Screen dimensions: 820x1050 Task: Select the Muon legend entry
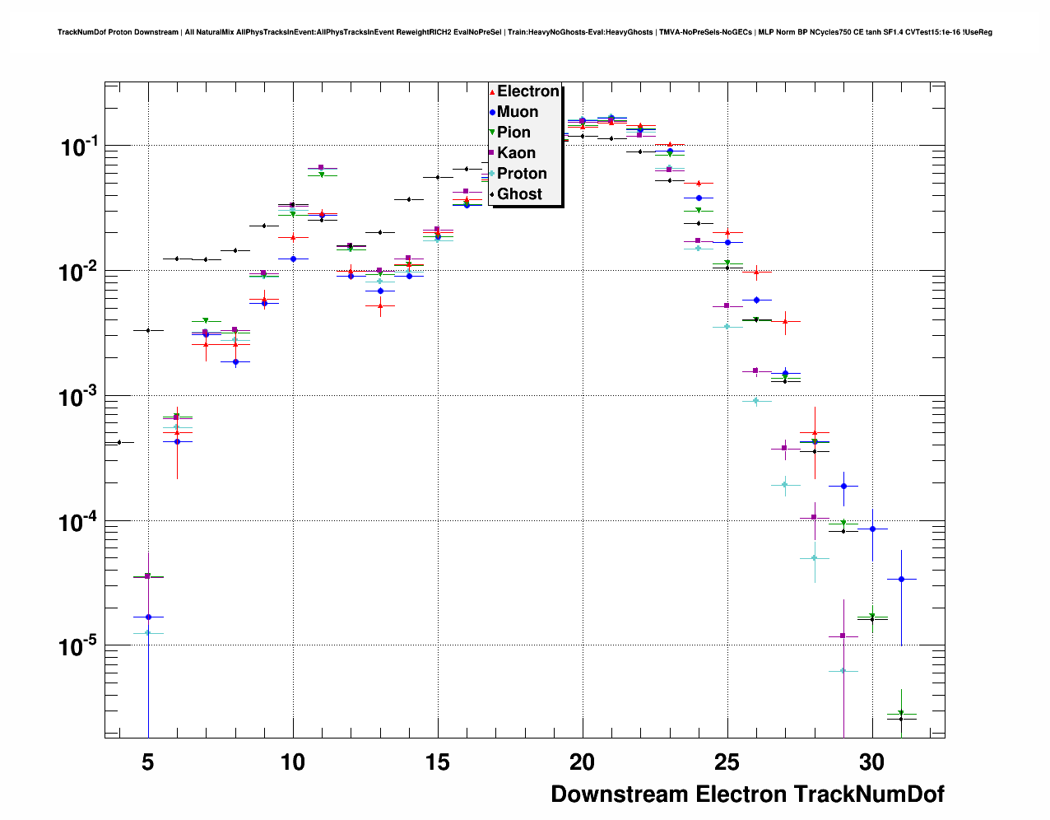(x=518, y=112)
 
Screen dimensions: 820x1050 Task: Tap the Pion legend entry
(x=513, y=133)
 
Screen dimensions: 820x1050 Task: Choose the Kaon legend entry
(x=516, y=153)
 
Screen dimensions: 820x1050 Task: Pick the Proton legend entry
(x=522, y=174)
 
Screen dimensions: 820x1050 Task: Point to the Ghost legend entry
(x=519, y=194)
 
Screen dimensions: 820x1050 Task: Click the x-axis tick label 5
(x=148, y=762)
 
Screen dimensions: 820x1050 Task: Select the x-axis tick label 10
(x=293, y=762)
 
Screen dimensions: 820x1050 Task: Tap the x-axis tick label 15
(x=438, y=762)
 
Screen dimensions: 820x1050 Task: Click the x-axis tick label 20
(x=583, y=762)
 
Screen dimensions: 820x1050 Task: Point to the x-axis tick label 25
(x=727, y=762)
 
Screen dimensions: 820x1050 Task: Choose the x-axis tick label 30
(x=872, y=762)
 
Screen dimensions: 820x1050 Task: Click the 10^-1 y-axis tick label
(x=79, y=147)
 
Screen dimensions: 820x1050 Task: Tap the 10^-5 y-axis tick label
(x=79, y=647)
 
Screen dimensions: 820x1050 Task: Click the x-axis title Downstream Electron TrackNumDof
(x=747, y=794)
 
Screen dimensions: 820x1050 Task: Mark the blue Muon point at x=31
(x=901, y=579)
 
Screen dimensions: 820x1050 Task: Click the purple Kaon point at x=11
(x=322, y=168)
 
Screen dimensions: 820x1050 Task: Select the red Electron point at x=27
(x=785, y=322)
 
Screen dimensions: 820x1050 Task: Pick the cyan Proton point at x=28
(x=815, y=557)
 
